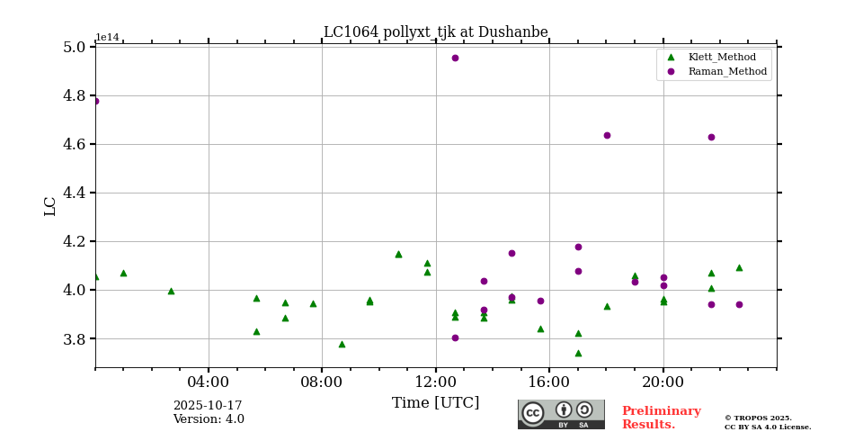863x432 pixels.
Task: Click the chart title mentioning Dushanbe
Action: (435, 32)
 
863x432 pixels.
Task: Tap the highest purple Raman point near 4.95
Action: (455, 58)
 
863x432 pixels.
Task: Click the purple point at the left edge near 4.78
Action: (95, 101)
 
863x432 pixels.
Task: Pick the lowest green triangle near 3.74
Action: (578, 353)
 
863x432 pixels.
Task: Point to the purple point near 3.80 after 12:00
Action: (455, 337)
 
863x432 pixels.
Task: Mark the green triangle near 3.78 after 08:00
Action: (342, 344)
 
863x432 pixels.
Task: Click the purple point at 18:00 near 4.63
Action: (607, 135)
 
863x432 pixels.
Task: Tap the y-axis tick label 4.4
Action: (74, 193)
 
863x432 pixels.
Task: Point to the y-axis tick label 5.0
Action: (74, 47)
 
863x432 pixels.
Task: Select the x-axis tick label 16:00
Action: (549, 382)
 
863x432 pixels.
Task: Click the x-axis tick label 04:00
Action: (209, 382)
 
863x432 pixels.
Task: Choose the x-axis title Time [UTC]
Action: (435, 403)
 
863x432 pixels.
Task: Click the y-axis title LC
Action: (50, 206)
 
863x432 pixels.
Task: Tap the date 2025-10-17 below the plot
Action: (208, 406)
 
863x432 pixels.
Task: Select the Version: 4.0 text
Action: (209, 419)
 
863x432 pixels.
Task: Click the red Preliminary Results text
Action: (661, 418)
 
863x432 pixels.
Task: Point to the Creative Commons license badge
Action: (561, 414)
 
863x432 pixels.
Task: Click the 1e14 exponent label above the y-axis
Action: (107, 38)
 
